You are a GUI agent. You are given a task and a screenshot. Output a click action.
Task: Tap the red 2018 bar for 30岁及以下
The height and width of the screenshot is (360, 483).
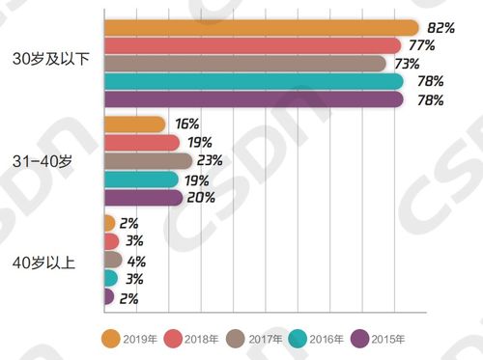pyautogui.click(x=250, y=45)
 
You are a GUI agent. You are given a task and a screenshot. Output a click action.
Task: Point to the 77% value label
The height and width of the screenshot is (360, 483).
pyautogui.click(x=421, y=45)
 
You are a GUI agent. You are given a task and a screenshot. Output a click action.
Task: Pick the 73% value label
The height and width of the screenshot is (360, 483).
pyautogui.click(x=406, y=64)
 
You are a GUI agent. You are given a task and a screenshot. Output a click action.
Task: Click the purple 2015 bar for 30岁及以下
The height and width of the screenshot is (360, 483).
pyautogui.click(x=252, y=99)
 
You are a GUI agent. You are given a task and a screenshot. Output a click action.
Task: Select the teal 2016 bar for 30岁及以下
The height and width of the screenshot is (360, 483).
pyautogui.click(x=252, y=81)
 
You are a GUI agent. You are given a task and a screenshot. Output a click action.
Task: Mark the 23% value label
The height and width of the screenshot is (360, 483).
pyautogui.click(x=211, y=160)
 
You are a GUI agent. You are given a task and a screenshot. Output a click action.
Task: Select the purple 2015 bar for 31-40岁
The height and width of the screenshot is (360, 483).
pyautogui.click(x=142, y=198)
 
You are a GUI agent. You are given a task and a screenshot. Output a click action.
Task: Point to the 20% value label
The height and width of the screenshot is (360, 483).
pyautogui.click(x=201, y=198)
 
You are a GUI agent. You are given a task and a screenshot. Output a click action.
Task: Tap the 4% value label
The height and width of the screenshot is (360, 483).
pyautogui.click(x=137, y=261)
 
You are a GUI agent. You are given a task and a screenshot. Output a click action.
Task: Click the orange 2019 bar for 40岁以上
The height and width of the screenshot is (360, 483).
pyautogui.click(x=108, y=223)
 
